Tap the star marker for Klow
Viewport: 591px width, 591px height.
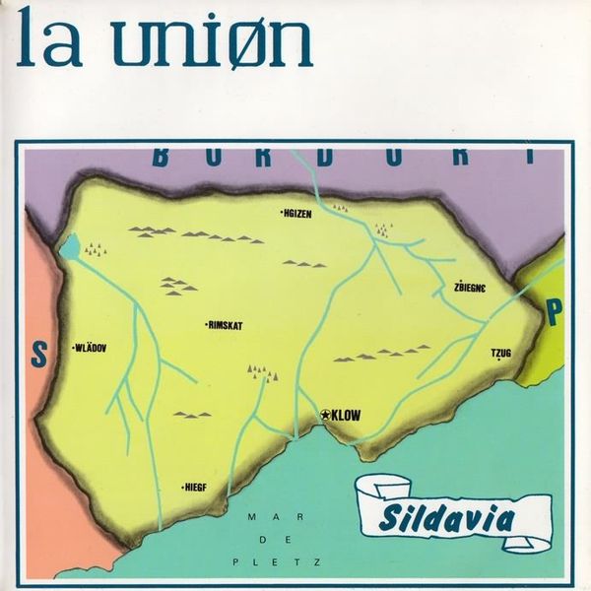(x=326, y=416)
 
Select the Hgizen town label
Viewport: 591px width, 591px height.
(x=295, y=212)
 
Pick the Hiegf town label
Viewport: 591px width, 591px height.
(x=198, y=487)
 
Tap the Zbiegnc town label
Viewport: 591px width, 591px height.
(x=471, y=289)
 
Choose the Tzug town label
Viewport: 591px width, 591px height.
(x=502, y=353)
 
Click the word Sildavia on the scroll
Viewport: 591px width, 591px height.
(x=444, y=514)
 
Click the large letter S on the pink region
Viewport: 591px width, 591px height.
(x=38, y=354)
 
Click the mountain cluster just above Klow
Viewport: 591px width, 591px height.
(x=264, y=371)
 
